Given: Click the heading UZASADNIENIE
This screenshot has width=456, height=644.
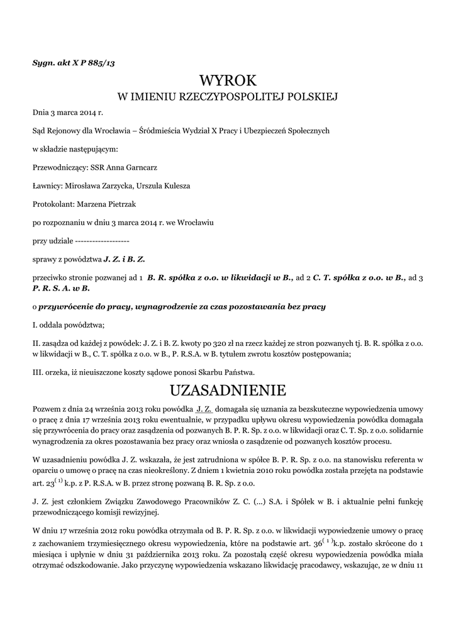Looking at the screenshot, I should (x=228, y=389).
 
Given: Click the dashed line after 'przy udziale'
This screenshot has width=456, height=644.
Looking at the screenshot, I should (x=102, y=241).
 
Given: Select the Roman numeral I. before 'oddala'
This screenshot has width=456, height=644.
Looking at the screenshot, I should (x=35, y=325).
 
